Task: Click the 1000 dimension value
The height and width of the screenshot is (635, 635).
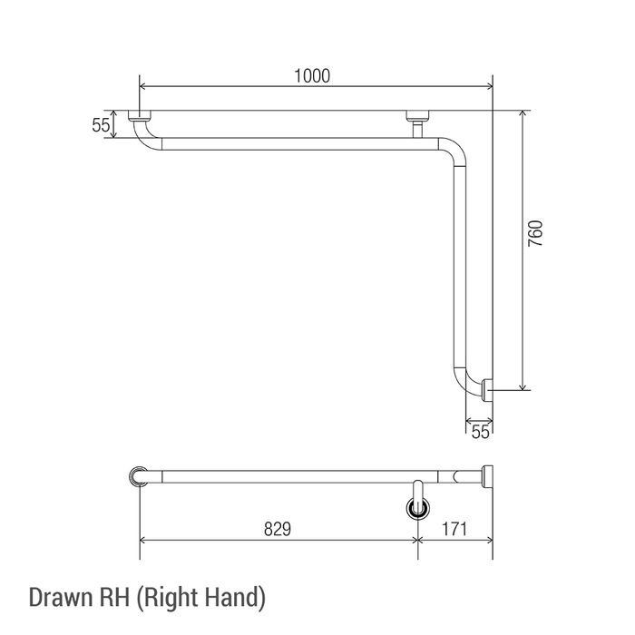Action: [312, 75]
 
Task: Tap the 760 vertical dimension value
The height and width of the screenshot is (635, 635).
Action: [535, 234]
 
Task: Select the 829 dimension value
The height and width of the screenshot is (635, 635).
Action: [278, 529]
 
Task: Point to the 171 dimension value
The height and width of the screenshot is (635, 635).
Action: [454, 529]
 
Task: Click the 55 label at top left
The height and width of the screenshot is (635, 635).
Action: [101, 125]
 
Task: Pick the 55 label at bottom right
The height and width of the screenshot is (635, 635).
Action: [480, 432]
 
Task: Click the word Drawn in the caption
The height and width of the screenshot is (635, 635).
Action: [60, 597]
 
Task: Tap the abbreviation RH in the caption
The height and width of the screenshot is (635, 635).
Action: [113, 597]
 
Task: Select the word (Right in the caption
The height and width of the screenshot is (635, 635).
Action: [167, 598]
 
